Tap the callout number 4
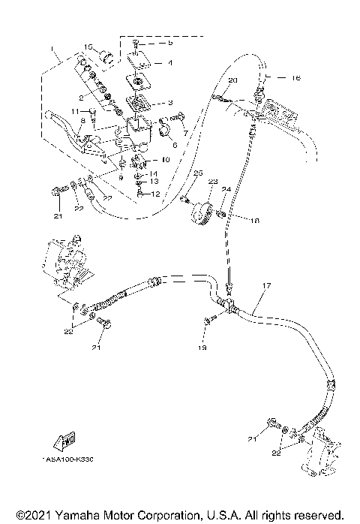coord(169,63)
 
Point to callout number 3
coord(169,102)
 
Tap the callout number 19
coord(201,348)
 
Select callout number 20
coord(232,80)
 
